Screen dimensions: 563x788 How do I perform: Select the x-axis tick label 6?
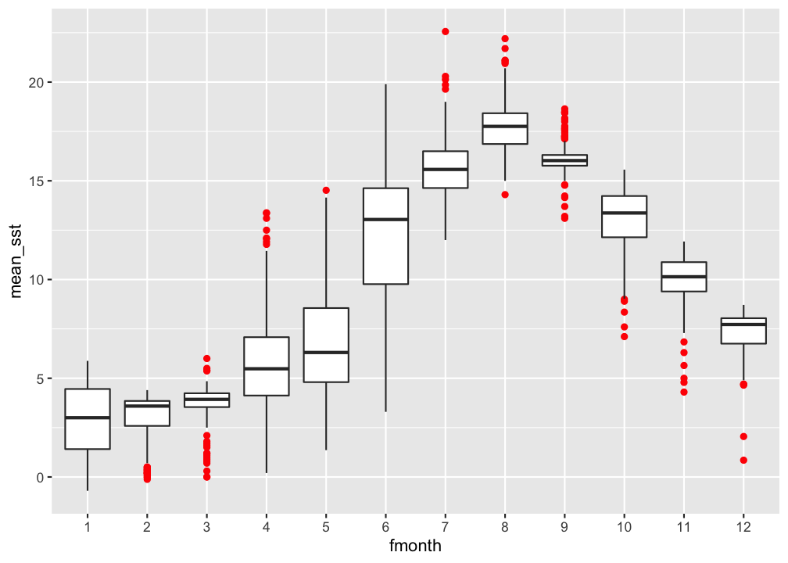385,526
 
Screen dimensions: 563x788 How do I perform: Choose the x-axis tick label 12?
743,526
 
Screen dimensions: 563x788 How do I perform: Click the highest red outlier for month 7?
446,31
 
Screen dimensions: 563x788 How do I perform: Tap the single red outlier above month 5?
326,190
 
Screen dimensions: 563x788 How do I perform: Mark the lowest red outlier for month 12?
743,460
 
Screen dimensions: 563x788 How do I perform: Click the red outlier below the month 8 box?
505,195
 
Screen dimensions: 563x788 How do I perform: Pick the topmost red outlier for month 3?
206,358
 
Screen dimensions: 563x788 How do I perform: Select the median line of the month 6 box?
385,220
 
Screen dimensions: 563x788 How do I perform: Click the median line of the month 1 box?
87,418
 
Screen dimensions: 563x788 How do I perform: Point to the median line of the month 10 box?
624,213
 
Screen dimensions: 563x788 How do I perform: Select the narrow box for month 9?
564,160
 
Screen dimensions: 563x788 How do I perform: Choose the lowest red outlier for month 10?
624,336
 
